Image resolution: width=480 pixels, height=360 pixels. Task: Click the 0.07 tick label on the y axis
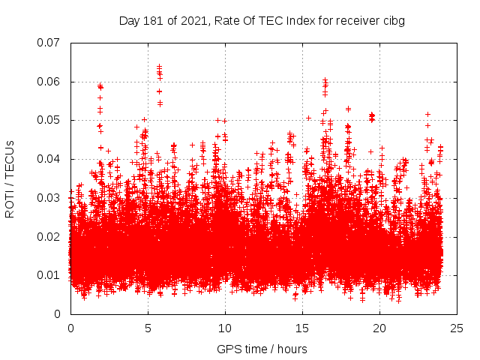point(49,43)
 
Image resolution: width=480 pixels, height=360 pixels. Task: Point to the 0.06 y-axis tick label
point(49,82)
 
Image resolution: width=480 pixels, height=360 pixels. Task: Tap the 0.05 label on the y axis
point(49,120)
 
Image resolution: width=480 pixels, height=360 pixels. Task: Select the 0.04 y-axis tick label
point(49,159)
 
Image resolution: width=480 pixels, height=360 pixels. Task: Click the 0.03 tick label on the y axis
point(49,198)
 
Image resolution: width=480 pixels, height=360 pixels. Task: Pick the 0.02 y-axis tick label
point(49,237)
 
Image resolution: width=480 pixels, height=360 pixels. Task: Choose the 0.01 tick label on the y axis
point(49,275)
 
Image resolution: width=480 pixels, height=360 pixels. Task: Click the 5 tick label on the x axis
point(148,328)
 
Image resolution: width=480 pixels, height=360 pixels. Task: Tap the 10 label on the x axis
point(225,328)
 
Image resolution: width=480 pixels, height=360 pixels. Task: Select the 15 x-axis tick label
point(302,328)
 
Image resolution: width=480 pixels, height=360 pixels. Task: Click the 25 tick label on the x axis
point(457,328)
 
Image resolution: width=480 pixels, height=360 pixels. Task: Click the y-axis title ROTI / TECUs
point(10,178)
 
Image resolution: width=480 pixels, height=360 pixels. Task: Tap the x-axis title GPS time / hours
point(262,349)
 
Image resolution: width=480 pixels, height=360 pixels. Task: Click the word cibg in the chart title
point(393,21)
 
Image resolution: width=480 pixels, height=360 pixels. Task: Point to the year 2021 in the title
point(190,21)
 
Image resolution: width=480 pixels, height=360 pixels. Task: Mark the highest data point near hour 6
point(159,66)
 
